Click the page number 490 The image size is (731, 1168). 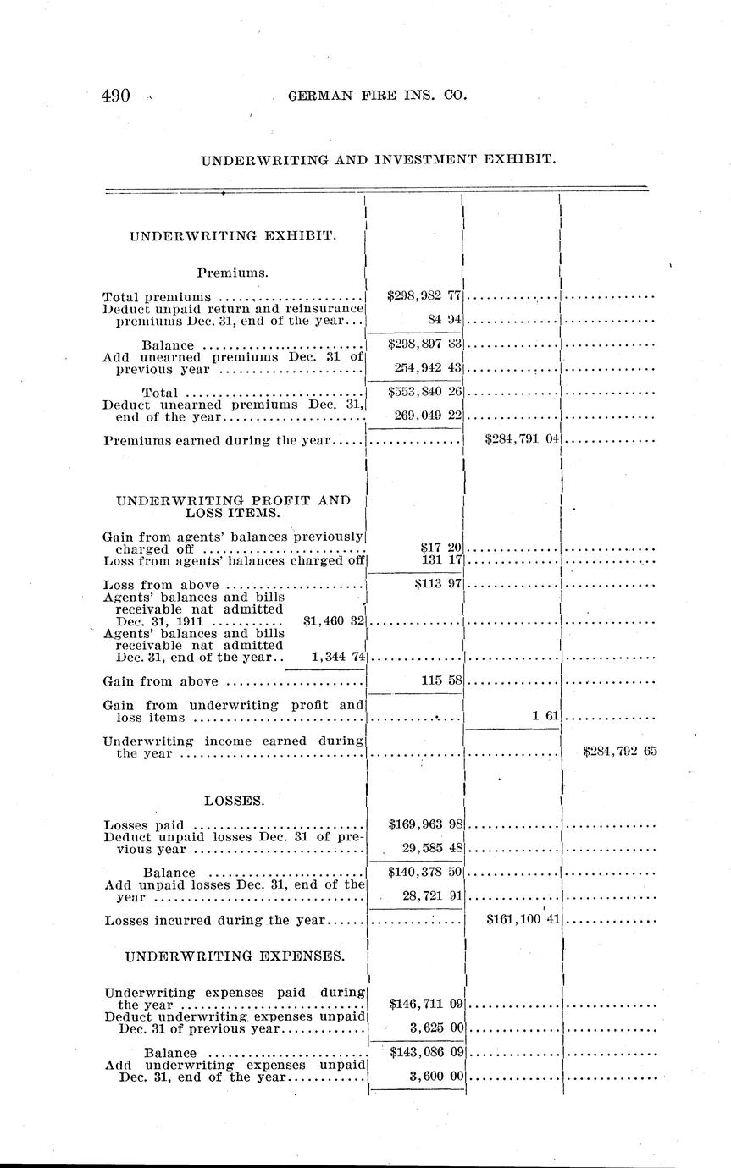(x=116, y=96)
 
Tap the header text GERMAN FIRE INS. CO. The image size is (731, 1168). (x=377, y=96)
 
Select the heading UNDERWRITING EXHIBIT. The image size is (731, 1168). (x=233, y=236)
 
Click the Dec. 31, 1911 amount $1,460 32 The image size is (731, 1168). (x=333, y=620)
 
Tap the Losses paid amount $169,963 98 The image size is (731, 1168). (x=424, y=824)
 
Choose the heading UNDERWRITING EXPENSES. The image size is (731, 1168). (x=235, y=956)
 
